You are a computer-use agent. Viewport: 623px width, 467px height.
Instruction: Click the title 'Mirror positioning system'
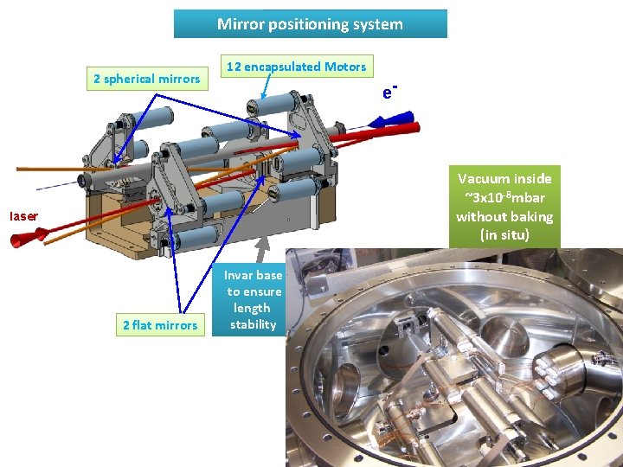pyautogui.click(x=310, y=24)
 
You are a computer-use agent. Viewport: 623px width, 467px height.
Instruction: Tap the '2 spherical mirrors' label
pyautogui.click(x=146, y=79)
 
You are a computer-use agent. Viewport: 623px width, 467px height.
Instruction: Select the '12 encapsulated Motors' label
pyautogui.click(x=296, y=67)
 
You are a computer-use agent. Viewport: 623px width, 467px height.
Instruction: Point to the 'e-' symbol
pyautogui.click(x=389, y=91)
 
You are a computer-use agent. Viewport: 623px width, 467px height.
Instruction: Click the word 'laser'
pyautogui.click(x=24, y=215)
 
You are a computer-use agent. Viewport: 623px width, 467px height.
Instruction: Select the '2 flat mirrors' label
pyautogui.click(x=159, y=325)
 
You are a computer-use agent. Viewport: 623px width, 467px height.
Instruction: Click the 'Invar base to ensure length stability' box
pyautogui.click(x=253, y=300)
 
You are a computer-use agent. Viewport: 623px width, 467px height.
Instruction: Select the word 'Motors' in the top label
pyautogui.click(x=346, y=67)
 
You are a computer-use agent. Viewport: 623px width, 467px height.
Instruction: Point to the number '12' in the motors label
pyautogui.click(x=233, y=67)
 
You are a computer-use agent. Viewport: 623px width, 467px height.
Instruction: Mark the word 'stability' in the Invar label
pyautogui.click(x=253, y=324)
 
